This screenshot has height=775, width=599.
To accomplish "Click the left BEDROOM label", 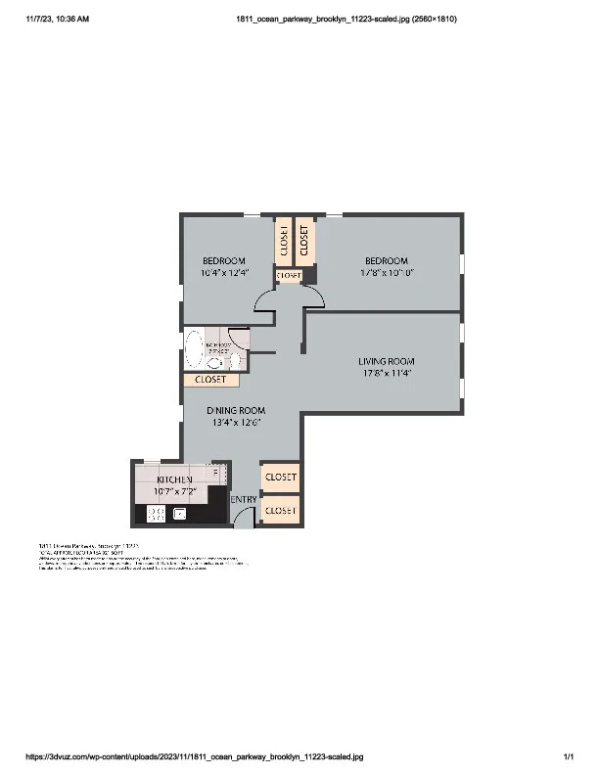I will coord(223,260).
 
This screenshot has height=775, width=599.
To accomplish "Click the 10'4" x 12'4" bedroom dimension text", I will coord(223,273).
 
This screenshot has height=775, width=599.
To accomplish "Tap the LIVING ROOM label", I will coord(387,361).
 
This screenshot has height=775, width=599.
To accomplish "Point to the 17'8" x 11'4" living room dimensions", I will coord(387,373).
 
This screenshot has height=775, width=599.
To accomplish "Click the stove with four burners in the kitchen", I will coord(156,514).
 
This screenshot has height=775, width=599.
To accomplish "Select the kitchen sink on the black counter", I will coord(180,513).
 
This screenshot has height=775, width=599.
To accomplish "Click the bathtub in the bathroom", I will coord(195,349).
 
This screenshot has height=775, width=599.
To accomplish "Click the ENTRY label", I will coord(243,500).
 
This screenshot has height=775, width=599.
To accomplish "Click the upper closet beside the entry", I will coord(280,477).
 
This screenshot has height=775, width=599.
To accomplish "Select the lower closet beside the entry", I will coord(280,511).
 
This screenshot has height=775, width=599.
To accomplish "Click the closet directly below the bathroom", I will coord(210,380).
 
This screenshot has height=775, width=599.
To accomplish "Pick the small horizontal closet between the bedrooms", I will coord(289,276).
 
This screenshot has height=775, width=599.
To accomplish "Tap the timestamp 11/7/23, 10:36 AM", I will coord(50,19).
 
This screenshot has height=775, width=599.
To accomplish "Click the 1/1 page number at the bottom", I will coord(568,756).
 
